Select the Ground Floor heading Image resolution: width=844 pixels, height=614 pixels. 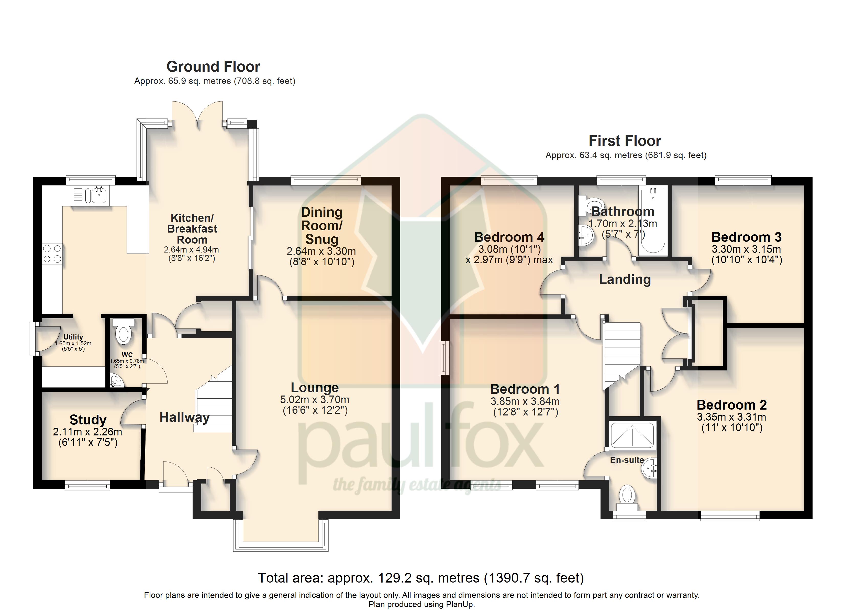point(213,67)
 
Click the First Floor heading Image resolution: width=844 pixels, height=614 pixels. point(625,141)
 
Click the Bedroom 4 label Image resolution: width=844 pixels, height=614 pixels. point(509,237)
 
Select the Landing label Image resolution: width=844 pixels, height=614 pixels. point(625,280)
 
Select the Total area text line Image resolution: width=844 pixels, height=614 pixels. point(421,578)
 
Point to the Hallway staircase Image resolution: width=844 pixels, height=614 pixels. point(213,400)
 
